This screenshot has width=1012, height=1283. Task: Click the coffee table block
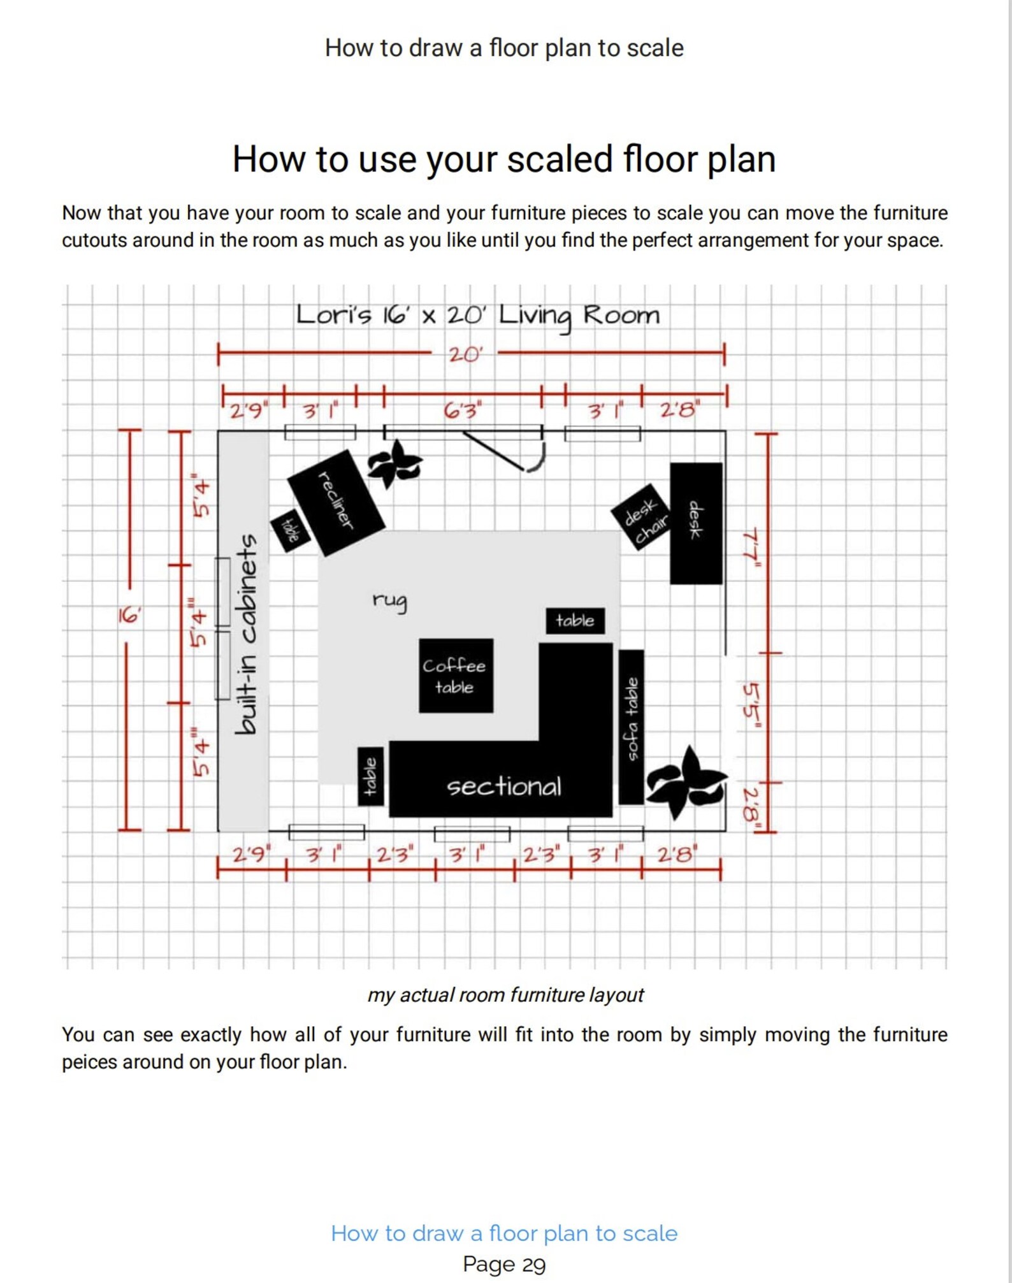tap(456, 676)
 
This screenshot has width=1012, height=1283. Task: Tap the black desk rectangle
tap(696, 523)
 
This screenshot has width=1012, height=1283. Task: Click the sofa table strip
tap(631, 727)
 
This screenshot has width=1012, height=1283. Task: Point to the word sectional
tap(503, 786)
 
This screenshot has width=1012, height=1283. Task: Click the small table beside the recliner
tap(290, 530)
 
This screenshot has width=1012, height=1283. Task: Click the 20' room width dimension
tap(465, 354)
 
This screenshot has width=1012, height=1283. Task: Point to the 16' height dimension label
tap(129, 616)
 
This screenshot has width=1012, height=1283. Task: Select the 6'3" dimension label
tap(463, 410)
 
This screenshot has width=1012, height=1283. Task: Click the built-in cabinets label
tap(246, 634)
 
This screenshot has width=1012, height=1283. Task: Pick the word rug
tap(389, 600)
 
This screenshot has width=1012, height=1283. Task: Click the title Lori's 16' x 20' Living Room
tap(478, 315)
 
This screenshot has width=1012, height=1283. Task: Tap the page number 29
tap(534, 1264)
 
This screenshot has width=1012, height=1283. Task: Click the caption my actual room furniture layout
tap(505, 995)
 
